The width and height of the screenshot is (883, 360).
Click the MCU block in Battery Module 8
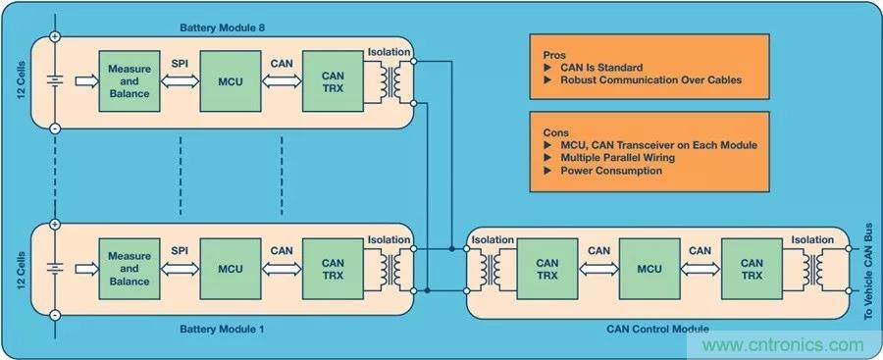click(231, 81)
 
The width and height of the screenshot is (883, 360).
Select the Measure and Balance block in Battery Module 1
click(129, 269)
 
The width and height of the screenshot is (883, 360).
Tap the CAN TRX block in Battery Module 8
click(333, 81)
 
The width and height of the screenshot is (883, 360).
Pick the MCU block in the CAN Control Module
click(649, 269)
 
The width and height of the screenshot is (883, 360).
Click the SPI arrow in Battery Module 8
click(180, 81)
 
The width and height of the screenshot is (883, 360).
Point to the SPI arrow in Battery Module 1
click(180, 269)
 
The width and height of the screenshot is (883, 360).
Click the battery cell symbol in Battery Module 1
click(55, 269)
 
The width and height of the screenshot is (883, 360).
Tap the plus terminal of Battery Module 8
click(55, 37)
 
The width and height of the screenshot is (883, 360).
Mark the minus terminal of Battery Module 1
click(55, 315)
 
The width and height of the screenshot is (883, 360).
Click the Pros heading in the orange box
click(554, 55)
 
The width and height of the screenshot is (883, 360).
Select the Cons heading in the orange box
click(556, 133)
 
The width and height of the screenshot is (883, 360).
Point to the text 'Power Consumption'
click(611, 170)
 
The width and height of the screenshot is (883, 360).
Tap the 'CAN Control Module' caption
click(657, 329)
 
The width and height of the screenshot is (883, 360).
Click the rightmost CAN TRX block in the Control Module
click(752, 269)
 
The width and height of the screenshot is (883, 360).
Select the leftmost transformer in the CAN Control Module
click(489, 270)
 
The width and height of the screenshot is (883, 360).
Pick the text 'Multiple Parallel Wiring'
click(617, 158)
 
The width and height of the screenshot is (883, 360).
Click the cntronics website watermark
click(783, 344)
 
